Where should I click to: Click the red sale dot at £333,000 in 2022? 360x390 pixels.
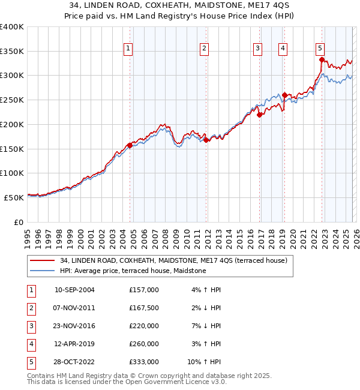pyautogui.click(x=322, y=59)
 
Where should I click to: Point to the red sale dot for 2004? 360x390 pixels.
pyautogui.click(x=130, y=145)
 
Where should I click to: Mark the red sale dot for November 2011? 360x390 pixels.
pyautogui.click(x=206, y=140)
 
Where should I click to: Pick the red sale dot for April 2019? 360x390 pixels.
pyautogui.click(x=284, y=95)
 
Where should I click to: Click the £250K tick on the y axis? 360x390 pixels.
pyautogui.click(x=12, y=100)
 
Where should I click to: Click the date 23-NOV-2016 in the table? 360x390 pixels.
pyautogui.click(x=74, y=326)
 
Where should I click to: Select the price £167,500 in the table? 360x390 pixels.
pyautogui.click(x=143, y=308)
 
